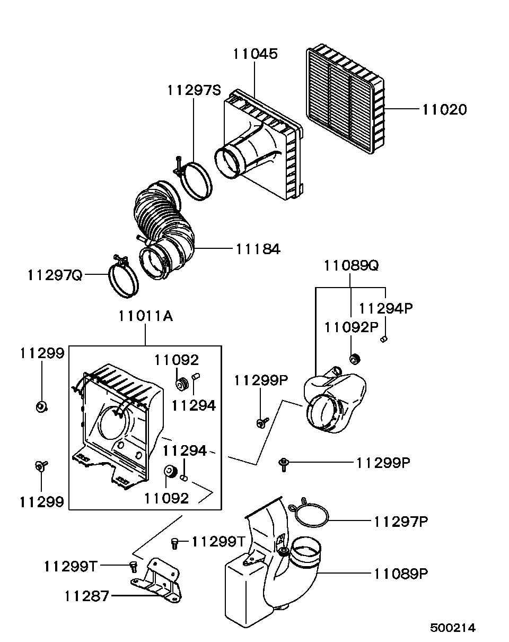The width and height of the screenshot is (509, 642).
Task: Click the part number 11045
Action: click(x=255, y=54)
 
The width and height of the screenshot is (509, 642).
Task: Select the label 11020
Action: click(x=445, y=109)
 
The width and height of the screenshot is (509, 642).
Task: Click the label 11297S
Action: click(x=194, y=90)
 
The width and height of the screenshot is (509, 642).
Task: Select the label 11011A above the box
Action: click(x=146, y=316)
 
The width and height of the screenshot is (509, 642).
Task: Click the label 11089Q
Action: click(x=351, y=265)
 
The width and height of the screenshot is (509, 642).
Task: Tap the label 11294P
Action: click(x=386, y=308)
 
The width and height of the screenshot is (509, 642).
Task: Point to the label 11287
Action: click(x=87, y=596)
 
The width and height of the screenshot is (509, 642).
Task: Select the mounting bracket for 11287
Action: click(x=156, y=582)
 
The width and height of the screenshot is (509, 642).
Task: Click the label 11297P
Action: click(x=401, y=522)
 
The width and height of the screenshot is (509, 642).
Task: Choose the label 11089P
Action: click(x=401, y=574)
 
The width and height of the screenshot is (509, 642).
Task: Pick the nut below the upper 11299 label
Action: click(x=42, y=407)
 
